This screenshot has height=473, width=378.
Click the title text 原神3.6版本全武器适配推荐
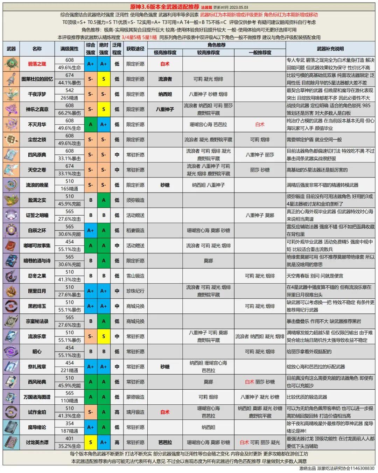pos(164,7)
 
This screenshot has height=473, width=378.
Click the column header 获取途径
pos(135,49)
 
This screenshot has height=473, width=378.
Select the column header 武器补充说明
pos(330,49)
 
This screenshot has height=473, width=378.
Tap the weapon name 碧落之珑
pos(37,64)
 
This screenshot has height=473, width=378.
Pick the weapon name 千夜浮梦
pos(37,94)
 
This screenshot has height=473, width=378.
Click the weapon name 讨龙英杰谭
pos(37,442)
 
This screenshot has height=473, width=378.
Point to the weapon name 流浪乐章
pos(37,336)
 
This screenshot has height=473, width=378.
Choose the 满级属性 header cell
pos(69,49)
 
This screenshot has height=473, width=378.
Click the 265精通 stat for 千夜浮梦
pos(69,98)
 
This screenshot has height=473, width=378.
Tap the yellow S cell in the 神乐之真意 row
pos(104,109)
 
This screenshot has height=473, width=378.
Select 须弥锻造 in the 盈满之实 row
pos(135,200)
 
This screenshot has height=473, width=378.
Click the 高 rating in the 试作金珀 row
pos(117,412)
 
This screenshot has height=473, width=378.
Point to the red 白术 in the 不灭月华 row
pos(260,124)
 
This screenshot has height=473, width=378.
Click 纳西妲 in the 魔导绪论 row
pos(208,427)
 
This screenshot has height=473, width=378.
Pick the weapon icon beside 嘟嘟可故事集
pos(11,245)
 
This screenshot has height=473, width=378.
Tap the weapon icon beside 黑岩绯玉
pos(11,306)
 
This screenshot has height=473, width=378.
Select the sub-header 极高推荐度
pos(165,53)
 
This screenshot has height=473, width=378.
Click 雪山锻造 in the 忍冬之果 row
pos(135,276)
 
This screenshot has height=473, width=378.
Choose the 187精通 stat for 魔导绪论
pos(69,431)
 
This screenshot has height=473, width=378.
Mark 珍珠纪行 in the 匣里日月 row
pos(135,291)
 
